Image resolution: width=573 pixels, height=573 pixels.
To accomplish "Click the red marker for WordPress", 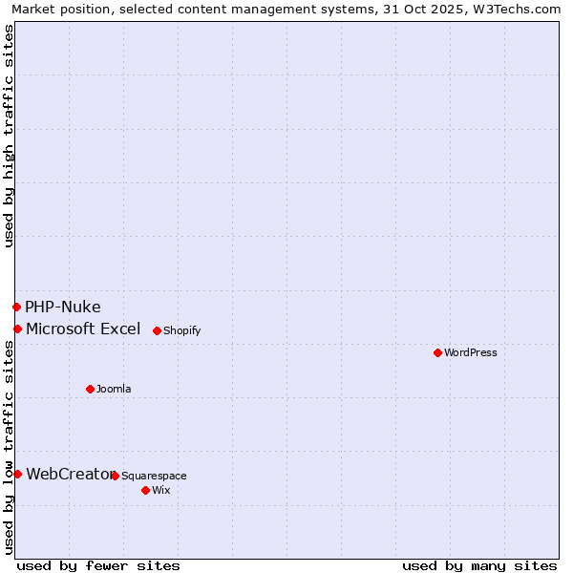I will (438, 352).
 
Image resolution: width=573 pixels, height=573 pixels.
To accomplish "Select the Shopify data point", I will (157, 330).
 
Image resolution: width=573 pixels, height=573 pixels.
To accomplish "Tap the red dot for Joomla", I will (91, 389).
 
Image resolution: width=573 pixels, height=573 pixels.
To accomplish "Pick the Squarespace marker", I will (115, 476).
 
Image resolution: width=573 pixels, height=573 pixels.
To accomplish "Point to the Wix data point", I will (145, 490).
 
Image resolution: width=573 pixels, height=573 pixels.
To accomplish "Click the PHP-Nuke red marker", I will (16, 307).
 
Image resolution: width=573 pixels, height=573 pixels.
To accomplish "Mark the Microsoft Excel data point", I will (17, 329).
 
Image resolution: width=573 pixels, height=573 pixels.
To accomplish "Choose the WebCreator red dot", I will (17, 474).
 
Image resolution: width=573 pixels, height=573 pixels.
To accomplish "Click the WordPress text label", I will (471, 352).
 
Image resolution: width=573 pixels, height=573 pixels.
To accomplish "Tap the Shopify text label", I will (181, 330).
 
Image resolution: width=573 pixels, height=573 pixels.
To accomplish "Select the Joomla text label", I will (114, 389).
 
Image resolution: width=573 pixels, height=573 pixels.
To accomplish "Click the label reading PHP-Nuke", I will (63, 307).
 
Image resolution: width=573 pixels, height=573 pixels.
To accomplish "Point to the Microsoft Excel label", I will (83, 329).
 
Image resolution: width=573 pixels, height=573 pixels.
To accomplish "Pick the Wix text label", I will (160, 490).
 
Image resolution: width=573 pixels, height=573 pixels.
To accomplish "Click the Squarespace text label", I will (154, 476).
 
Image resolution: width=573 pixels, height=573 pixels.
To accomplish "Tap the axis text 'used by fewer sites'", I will (98, 565).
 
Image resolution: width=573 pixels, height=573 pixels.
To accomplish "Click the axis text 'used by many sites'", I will (479, 565).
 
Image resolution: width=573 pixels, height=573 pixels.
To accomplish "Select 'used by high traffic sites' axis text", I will (9, 137).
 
